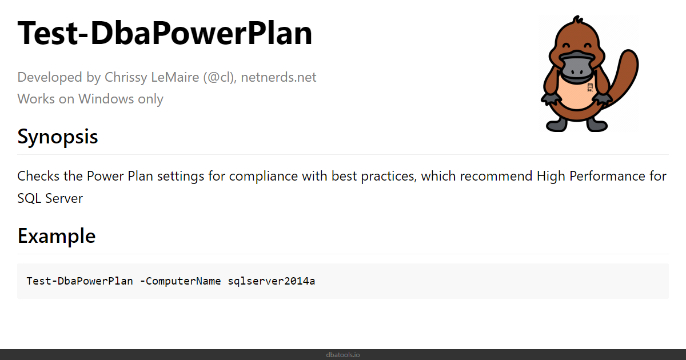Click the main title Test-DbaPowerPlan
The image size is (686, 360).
pos(165,33)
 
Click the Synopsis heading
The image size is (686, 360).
pos(58,137)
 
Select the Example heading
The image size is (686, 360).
pos(57,236)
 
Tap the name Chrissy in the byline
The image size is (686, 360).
pos(126,78)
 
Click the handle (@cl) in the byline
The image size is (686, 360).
pos(220,78)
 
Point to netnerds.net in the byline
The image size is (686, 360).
pos(278,77)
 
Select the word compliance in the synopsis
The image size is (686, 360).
pos(264,177)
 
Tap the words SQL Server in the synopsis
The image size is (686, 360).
pos(50,198)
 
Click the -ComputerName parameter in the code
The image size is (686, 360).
pos(180,281)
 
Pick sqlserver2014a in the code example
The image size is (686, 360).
pos(272,281)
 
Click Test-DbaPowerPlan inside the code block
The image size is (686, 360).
pos(79,281)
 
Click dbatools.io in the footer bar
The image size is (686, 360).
pos(343,355)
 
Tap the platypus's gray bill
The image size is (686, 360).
pos(577,67)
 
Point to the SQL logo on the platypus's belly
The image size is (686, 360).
pos(590,87)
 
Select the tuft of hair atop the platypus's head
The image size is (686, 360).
pos(577,20)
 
